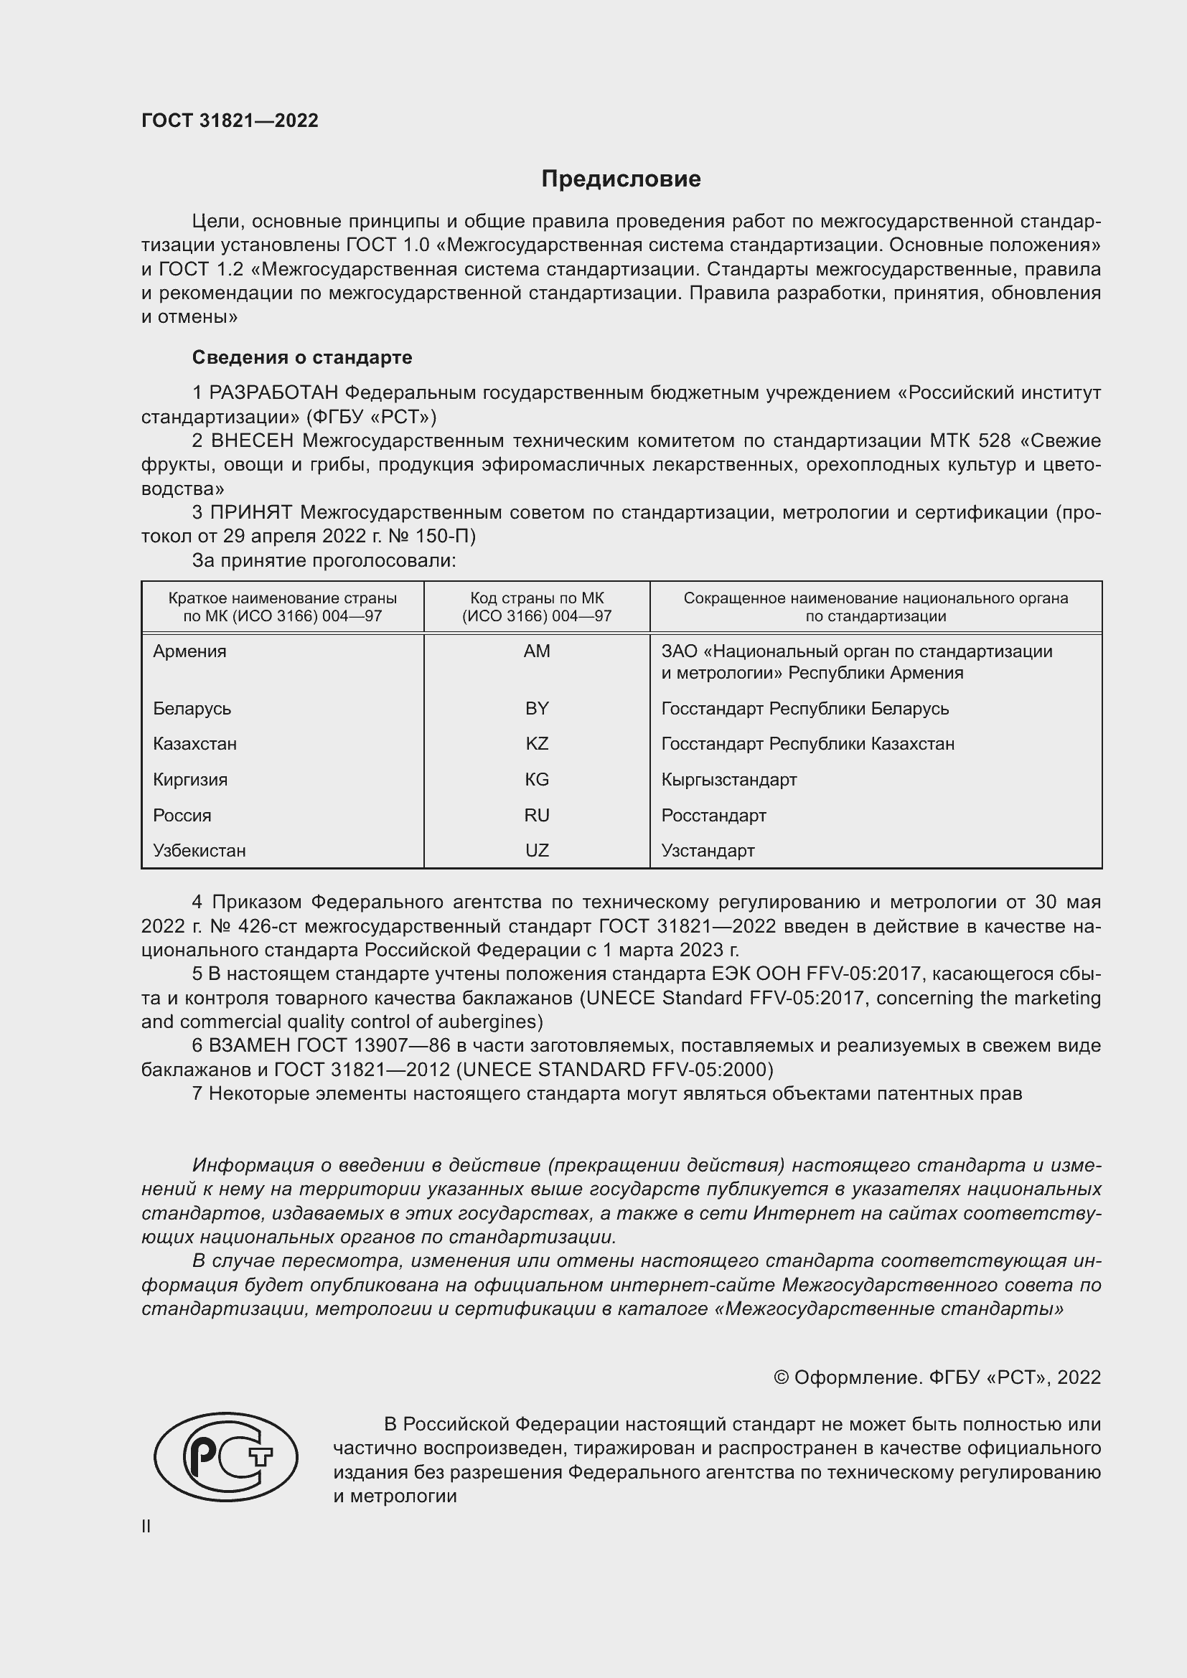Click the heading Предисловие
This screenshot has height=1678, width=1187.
click(621, 179)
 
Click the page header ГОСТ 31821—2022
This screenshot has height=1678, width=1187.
click(230, 121)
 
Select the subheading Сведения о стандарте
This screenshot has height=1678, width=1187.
click(302, 357)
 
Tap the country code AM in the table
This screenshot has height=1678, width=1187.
click(537, 651)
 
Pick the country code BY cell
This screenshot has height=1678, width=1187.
click(537, 708)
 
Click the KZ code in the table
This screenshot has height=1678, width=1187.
click(537, 744)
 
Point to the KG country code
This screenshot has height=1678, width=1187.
click(537, 780)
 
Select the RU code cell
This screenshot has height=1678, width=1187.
click(537, 816)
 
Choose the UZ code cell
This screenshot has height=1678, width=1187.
click(537, 851)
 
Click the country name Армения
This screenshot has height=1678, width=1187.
click(189, 651)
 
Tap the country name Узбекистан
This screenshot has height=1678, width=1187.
click(199, 851)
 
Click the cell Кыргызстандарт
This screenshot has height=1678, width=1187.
click(728, 780)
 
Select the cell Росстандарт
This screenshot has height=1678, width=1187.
click(713, 816)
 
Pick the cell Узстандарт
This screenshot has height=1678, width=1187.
click(708, 851)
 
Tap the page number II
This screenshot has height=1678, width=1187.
click(146, 1526)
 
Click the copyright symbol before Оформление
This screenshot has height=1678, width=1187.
click(781, 1377)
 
